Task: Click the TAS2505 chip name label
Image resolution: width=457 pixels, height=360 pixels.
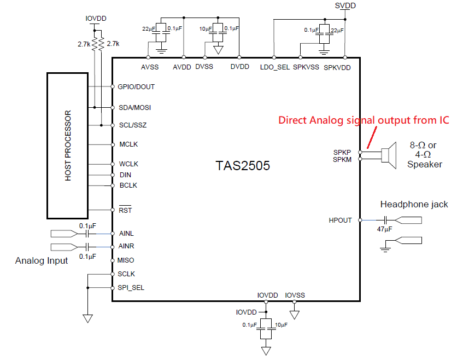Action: click(243, 165)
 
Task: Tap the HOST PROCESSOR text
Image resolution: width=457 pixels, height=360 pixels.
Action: click(68, 146)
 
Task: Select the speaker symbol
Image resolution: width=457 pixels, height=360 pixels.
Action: click(389, 155)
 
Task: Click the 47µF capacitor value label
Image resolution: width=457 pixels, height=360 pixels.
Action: click(384, 229)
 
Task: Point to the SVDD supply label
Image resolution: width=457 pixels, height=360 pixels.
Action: click(345, 5)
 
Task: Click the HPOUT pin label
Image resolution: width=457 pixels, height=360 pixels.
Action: click(340, 220)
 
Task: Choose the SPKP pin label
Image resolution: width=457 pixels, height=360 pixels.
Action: click(342, 152)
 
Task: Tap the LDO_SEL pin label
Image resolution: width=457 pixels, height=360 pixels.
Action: click(275, 67)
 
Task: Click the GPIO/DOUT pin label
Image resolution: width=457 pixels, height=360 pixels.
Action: click(136, 86)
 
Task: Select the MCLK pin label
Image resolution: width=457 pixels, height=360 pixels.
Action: click(128, 144)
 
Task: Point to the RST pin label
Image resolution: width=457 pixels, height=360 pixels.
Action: click(125, 210)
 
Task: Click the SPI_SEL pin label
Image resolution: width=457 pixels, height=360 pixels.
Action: click(131, 288)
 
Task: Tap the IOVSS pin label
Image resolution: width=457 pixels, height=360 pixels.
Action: click(295, 295)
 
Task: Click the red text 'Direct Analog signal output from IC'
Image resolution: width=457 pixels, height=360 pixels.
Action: click(364, 120)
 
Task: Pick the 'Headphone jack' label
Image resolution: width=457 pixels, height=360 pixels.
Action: click(414, 204)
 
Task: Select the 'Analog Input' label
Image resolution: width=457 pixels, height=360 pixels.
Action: click(42, 260)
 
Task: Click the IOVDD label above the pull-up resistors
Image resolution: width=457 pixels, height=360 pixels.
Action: click(96, 19)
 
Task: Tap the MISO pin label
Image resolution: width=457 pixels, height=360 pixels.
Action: click(126, 260)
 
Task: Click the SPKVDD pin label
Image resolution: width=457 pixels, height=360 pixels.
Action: click(337, 68)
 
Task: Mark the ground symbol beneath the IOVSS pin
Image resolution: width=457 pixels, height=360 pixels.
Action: click(294, 315)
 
